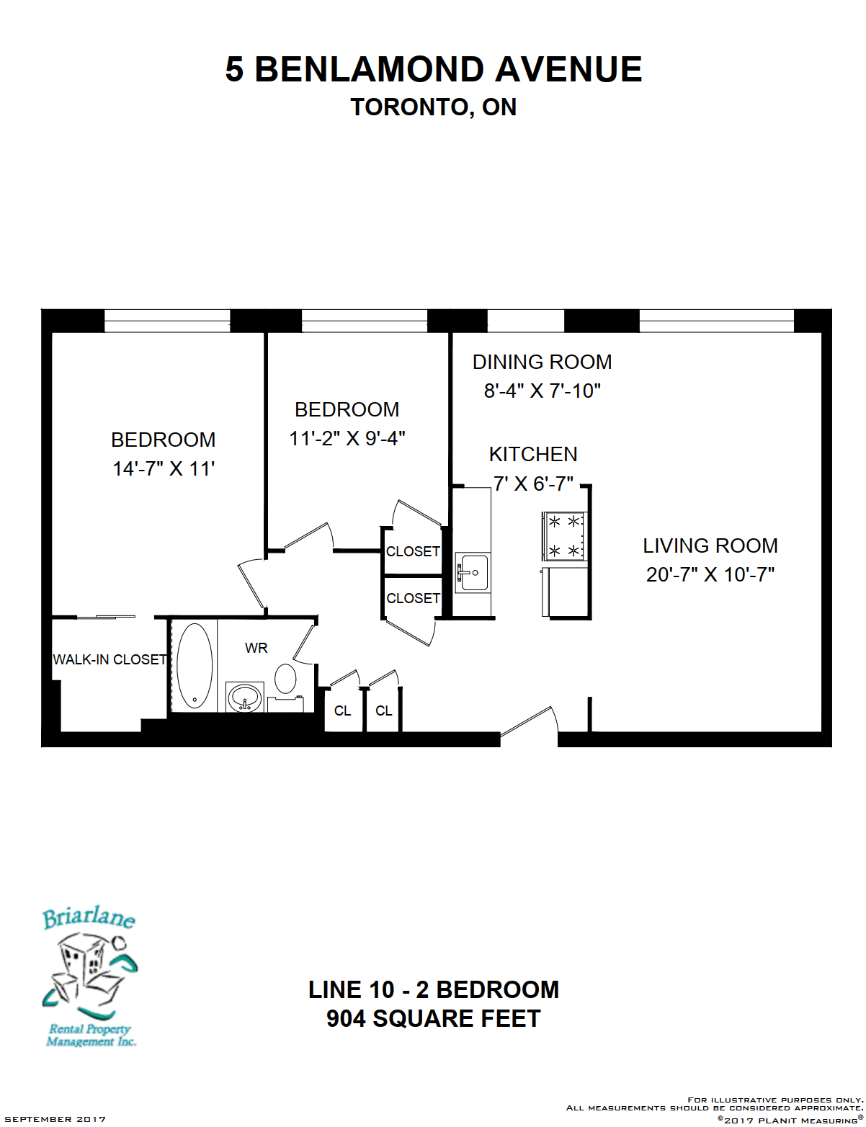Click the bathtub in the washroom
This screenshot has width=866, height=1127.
tap(195, 665)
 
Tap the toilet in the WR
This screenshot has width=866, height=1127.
tap(285, 678)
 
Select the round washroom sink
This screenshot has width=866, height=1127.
tap(245, 698)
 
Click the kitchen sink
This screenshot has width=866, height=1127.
tap(472, 573)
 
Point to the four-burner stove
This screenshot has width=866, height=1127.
tap(564, 535)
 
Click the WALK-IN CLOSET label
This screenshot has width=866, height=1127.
tap(110, 659)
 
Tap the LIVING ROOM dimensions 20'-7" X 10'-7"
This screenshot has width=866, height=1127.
tap(710, 574)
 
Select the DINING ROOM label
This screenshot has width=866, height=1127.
tap(542, 362)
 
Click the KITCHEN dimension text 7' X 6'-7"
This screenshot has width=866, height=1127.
tap(533, 484)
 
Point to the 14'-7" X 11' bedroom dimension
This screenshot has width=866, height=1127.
tap(164, 469)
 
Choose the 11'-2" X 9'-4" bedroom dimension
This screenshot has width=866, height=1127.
tap(347, 439)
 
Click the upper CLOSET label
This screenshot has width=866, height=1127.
tap(413, 551)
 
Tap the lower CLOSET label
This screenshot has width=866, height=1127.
tap(413, 598)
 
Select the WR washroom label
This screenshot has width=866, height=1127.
tap(256, 648)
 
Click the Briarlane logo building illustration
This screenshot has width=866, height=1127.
tap(89, 978)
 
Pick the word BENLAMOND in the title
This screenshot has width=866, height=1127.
tap(369, 69)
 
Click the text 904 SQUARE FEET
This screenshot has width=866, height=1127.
tap(434, 1019)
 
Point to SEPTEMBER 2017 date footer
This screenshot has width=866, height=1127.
tap(55, 1119)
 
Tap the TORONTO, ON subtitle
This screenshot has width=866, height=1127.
tap(434, 107)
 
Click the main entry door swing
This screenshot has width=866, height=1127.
tap(529, 721)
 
